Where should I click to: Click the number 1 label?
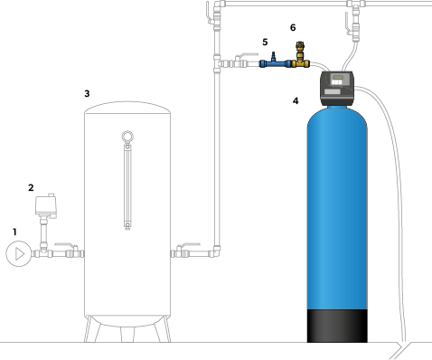(x=14, y=232)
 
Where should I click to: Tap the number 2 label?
(x=31, y=187)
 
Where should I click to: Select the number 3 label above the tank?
(x=87, y=93)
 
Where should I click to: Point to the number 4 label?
(x=296, y=100)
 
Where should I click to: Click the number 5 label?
(x=265, y=42)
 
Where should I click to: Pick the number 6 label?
(x=293, y=27)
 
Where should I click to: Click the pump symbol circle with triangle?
(x=19, y=253)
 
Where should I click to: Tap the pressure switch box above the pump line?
(x=46, y=205)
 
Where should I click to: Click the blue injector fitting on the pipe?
(x=276, y=62)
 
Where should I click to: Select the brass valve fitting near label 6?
(x=300, y=56)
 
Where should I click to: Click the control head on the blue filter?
(x=337, y=88)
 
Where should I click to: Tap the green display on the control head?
(x=338, y=78)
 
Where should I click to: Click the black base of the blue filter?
(x=337, y=326)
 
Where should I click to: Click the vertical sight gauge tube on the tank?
(x=127, y=186)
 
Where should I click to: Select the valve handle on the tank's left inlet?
(x=65, y=245)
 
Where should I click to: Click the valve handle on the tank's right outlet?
(x=189, y=244)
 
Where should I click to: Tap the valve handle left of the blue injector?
(x=248, y=55)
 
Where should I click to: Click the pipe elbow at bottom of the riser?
(x=216, y=251)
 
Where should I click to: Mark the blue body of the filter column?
(x=337, y=208)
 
